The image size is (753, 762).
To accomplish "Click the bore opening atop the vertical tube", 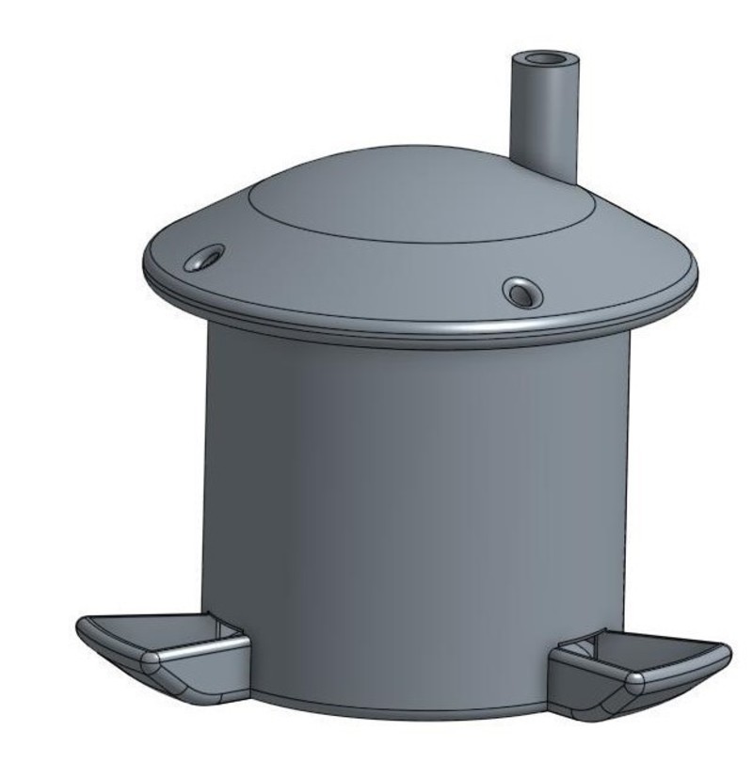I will [545, 62].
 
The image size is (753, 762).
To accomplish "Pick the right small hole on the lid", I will [522, 292].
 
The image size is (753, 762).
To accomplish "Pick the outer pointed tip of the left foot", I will [81, 627].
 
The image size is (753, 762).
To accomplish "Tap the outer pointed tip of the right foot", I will [727, 649].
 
